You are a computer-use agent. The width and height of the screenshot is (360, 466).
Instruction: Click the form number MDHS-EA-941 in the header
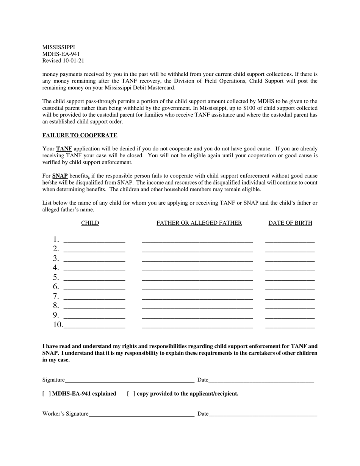click(x=61, y=54)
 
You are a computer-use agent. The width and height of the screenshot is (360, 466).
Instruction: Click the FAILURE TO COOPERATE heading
click(x=80, y=135)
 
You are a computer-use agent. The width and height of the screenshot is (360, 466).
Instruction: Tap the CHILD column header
click(x=90, y=223)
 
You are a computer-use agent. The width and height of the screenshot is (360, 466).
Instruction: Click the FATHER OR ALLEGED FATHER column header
click(x=199, y=223)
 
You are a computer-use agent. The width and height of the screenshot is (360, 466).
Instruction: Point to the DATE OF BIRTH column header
click(x=290, y=223)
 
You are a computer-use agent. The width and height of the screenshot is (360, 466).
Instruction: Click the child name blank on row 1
click(x=94, y=240)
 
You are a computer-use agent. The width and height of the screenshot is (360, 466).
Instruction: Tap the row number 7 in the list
click(x=56, y=296)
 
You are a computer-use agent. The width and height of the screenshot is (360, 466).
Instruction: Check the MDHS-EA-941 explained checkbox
click(x=47, y=394)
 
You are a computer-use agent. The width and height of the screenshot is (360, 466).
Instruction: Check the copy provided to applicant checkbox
click(x=131, y=394)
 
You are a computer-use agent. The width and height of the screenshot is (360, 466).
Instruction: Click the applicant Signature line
click(x=130, y=380)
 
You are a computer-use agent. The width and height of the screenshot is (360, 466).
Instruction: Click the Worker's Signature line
click(x=141, y=414)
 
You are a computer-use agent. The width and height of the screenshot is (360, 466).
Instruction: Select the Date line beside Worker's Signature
click(x=263, y=414)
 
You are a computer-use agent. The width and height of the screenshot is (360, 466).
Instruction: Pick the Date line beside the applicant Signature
click(x=261, y=380)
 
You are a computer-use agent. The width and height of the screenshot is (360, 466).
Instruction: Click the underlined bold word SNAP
click(x=60, y=176)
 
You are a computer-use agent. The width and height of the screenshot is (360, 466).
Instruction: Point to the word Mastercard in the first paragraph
click(x=161, y=88)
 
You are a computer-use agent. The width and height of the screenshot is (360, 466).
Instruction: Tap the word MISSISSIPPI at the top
click(x=58, y=47)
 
